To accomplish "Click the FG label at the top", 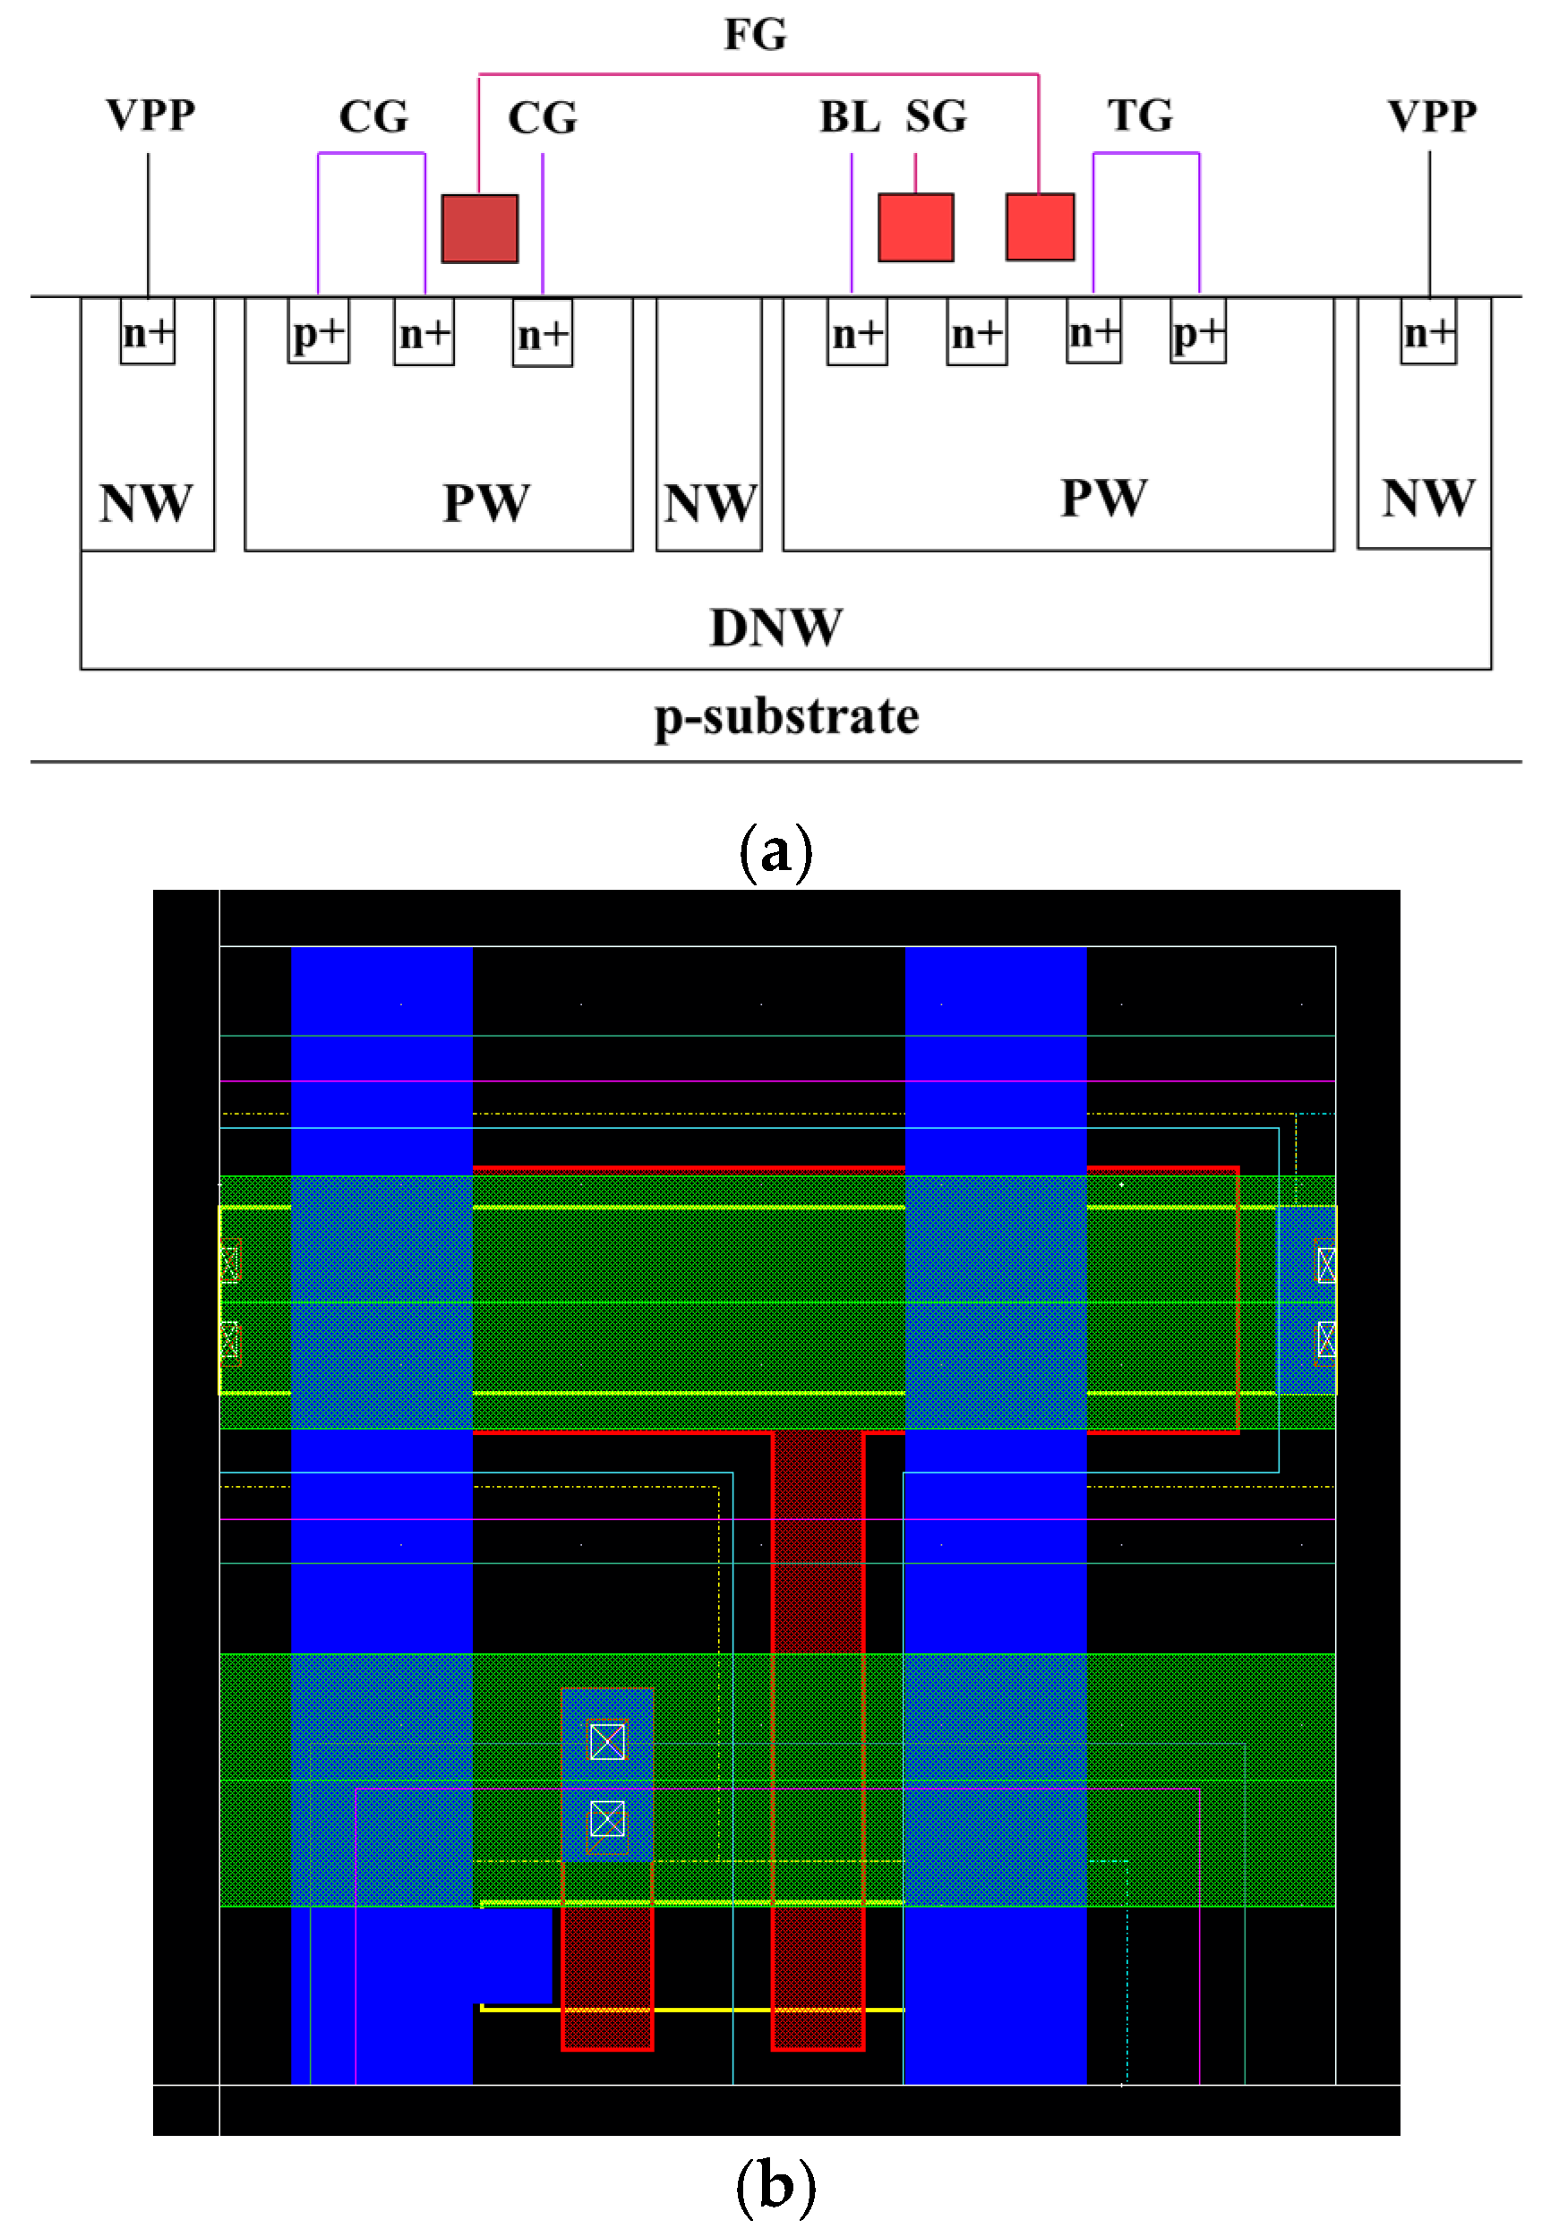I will click(754, 34).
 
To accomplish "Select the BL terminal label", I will click(849, 117).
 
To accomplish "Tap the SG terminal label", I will click(936, 117).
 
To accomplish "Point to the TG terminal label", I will click(1139, 116).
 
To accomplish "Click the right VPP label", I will click(1431, 116).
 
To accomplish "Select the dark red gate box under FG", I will click(479, 229).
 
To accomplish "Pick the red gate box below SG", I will click(915, 227).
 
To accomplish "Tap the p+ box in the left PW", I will click(318, 333).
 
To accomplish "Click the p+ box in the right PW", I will click(1197, 333).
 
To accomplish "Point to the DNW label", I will click(775, 628).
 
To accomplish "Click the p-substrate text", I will click(785, 717).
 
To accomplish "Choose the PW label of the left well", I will click(485, 504).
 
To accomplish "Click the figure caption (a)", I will click(775, 851).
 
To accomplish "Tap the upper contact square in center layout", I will click(607, 1741).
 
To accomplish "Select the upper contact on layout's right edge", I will click(1325, 1265).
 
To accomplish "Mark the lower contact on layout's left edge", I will click(229, 1340).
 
